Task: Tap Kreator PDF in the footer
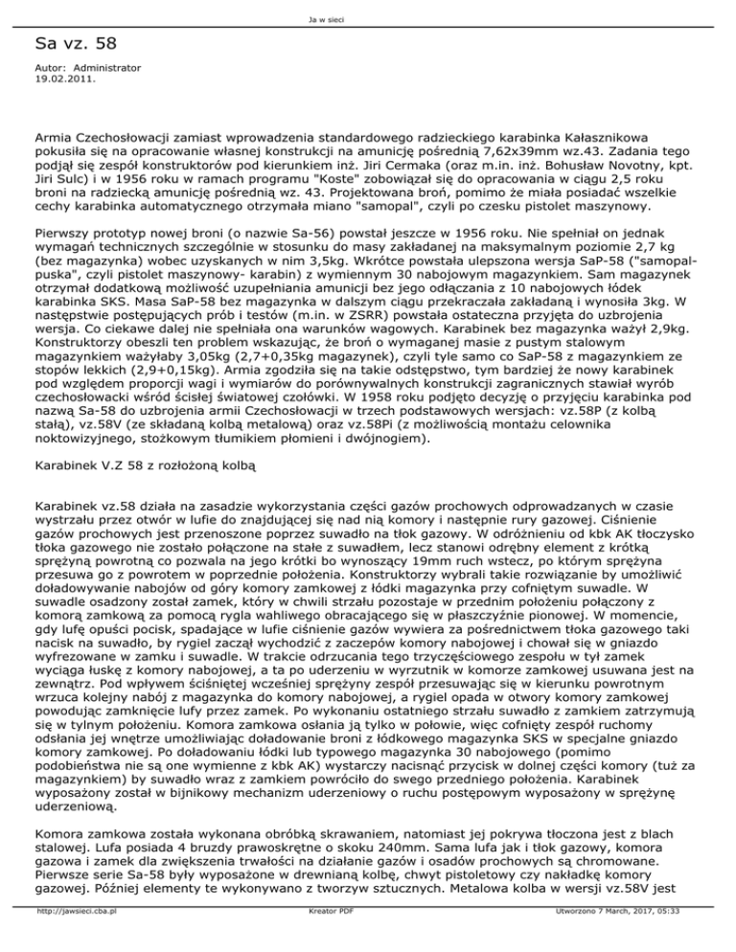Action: tap(334, 941)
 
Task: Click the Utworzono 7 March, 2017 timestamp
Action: tap(641, 941)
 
